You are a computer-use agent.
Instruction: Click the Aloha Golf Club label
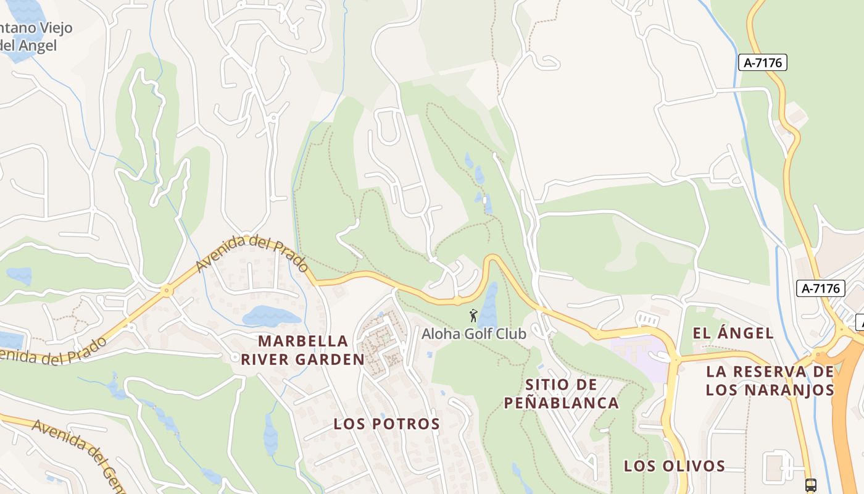coord(473,334)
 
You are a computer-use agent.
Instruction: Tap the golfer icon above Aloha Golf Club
coord(473,316)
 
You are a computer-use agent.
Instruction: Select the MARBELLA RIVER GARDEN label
coord(302,350)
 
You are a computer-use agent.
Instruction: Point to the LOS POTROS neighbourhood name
coord(387,424)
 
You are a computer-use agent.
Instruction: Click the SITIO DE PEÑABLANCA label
coord(561,394)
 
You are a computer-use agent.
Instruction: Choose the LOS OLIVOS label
coord(674,466)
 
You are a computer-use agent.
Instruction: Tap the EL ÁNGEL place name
coord(733,333)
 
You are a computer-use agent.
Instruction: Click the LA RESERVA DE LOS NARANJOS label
coord(770,380)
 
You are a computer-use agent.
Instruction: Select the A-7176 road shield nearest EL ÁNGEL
coord(820,288)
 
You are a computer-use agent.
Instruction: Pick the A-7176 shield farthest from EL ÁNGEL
coord(763,62)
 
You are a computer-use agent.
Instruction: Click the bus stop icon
coord(811,485)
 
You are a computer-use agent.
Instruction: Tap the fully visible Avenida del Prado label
coord(252,254)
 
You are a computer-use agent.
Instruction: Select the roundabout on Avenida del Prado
coord(166,290)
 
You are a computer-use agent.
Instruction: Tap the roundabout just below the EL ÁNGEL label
coord(676,359)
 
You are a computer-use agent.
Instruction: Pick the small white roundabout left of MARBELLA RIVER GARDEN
coord(235,358)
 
